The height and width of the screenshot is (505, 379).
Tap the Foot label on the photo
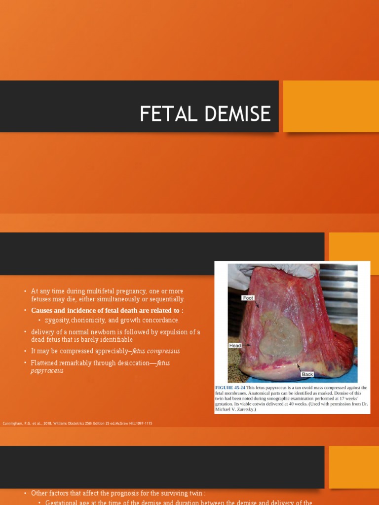pyautogui.click(x=248, y=298)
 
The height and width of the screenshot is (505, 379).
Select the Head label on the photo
pyautogui.click(x=235, y=346)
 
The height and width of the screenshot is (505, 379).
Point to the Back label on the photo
pyautogui.click(x=307, y=374)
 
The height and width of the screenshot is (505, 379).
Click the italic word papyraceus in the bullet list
pyautogui.click(x=47, y=371)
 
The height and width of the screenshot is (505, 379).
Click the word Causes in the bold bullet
pyautogui.click(x=42, y=310)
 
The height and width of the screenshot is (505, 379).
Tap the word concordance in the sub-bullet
pyautogui.click(x=159, y=320)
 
